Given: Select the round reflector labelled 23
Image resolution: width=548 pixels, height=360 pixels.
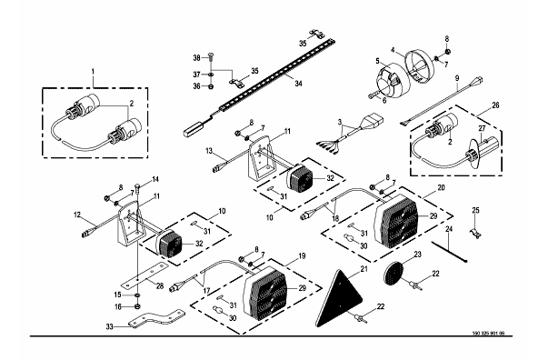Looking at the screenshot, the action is tap(394, 274).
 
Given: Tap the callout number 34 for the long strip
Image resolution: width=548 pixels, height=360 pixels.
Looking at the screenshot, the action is tap(298, 84).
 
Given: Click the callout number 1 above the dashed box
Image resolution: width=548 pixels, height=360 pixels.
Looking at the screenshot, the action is tap(93, 71).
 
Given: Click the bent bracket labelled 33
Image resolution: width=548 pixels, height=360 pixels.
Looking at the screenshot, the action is tap(156, 318).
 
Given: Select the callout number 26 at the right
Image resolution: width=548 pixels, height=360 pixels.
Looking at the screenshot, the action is tap(495, 105).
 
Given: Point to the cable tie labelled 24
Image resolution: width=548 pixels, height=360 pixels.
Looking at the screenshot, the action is tap(450, 252).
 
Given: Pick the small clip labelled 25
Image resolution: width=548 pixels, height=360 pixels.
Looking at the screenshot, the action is tap(474, 234).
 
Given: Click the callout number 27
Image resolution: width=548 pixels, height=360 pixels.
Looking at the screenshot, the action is tap(482, 128).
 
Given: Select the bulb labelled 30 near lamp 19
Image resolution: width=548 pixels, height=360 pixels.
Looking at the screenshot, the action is tap(218, 310).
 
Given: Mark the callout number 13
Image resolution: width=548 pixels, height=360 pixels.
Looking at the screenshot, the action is tap(209, 151).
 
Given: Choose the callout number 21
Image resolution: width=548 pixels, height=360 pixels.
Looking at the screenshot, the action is tap(364, 269).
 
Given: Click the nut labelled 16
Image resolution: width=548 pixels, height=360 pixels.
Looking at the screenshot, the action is tap(138, 307).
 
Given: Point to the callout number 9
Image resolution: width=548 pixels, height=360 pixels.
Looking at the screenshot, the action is tap(456, 78).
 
